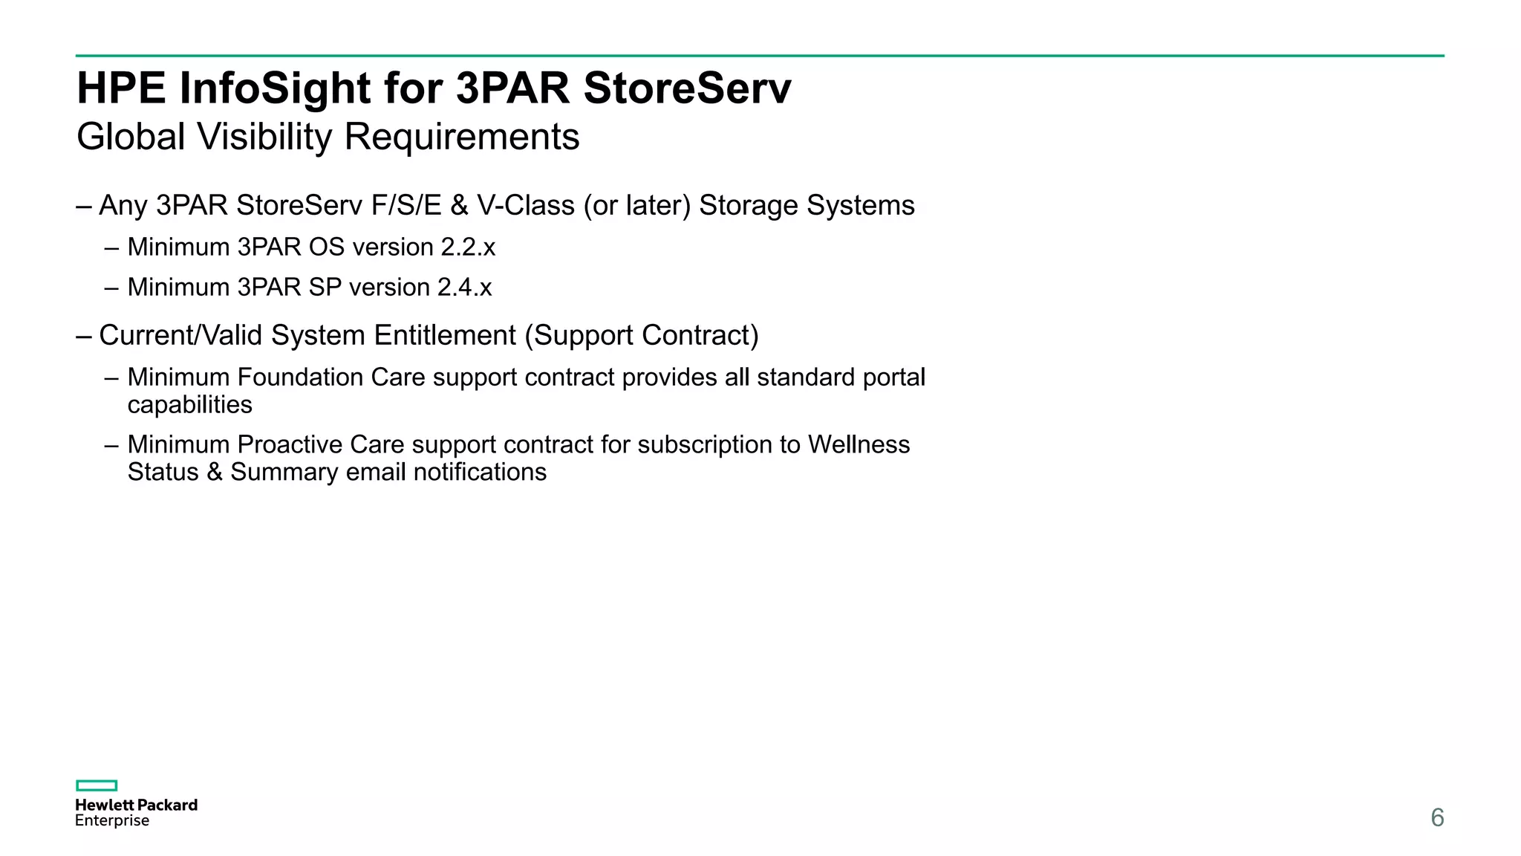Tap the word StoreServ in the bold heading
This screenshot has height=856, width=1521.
pos(687,88)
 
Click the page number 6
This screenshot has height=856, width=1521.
pos(1437,817)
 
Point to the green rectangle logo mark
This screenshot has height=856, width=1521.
pos(97,785)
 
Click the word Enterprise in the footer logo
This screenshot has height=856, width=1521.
pos(112,820)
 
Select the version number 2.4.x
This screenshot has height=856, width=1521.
pos(465,288)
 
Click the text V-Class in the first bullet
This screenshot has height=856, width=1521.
pos(526,206)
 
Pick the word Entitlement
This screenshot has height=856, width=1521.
pos(445,336)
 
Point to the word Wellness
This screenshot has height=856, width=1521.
pos(859,445)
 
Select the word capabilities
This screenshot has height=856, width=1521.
pos(189,405)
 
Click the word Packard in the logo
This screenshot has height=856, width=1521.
pos(168,805)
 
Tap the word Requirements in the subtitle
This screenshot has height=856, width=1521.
pos(461,137)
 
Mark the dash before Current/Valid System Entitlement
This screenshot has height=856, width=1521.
pos(84,336)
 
